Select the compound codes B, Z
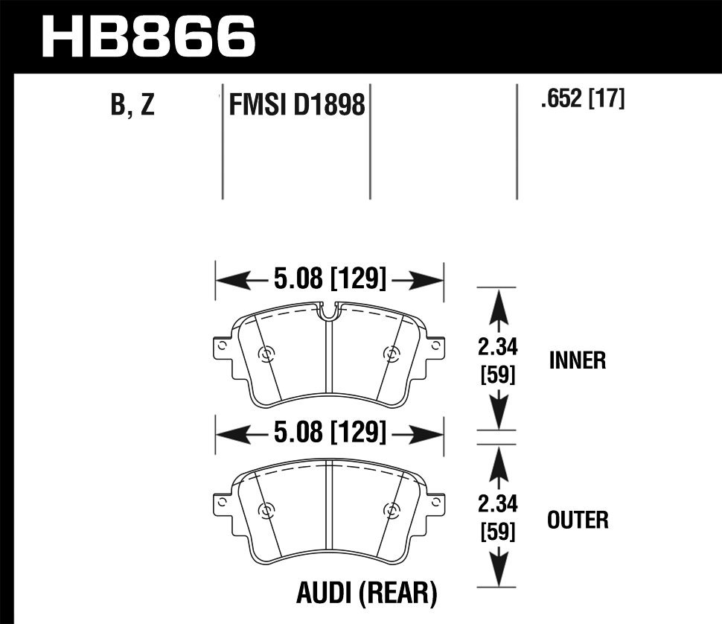click(132, 106)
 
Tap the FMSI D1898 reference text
click(297, 106)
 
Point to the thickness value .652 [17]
click(582, 99)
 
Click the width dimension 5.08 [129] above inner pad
click(330, 280)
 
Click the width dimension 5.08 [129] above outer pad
click(330, 432)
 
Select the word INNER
click(578, 361)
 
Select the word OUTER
click(578, 519)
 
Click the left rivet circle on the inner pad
click(266, 354)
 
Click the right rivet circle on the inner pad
click(390, 354)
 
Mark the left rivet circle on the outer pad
click(266, 510)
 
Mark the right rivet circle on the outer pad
click(390, 510)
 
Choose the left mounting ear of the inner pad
click(221, 348)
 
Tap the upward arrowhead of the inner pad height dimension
click(497, 302)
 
